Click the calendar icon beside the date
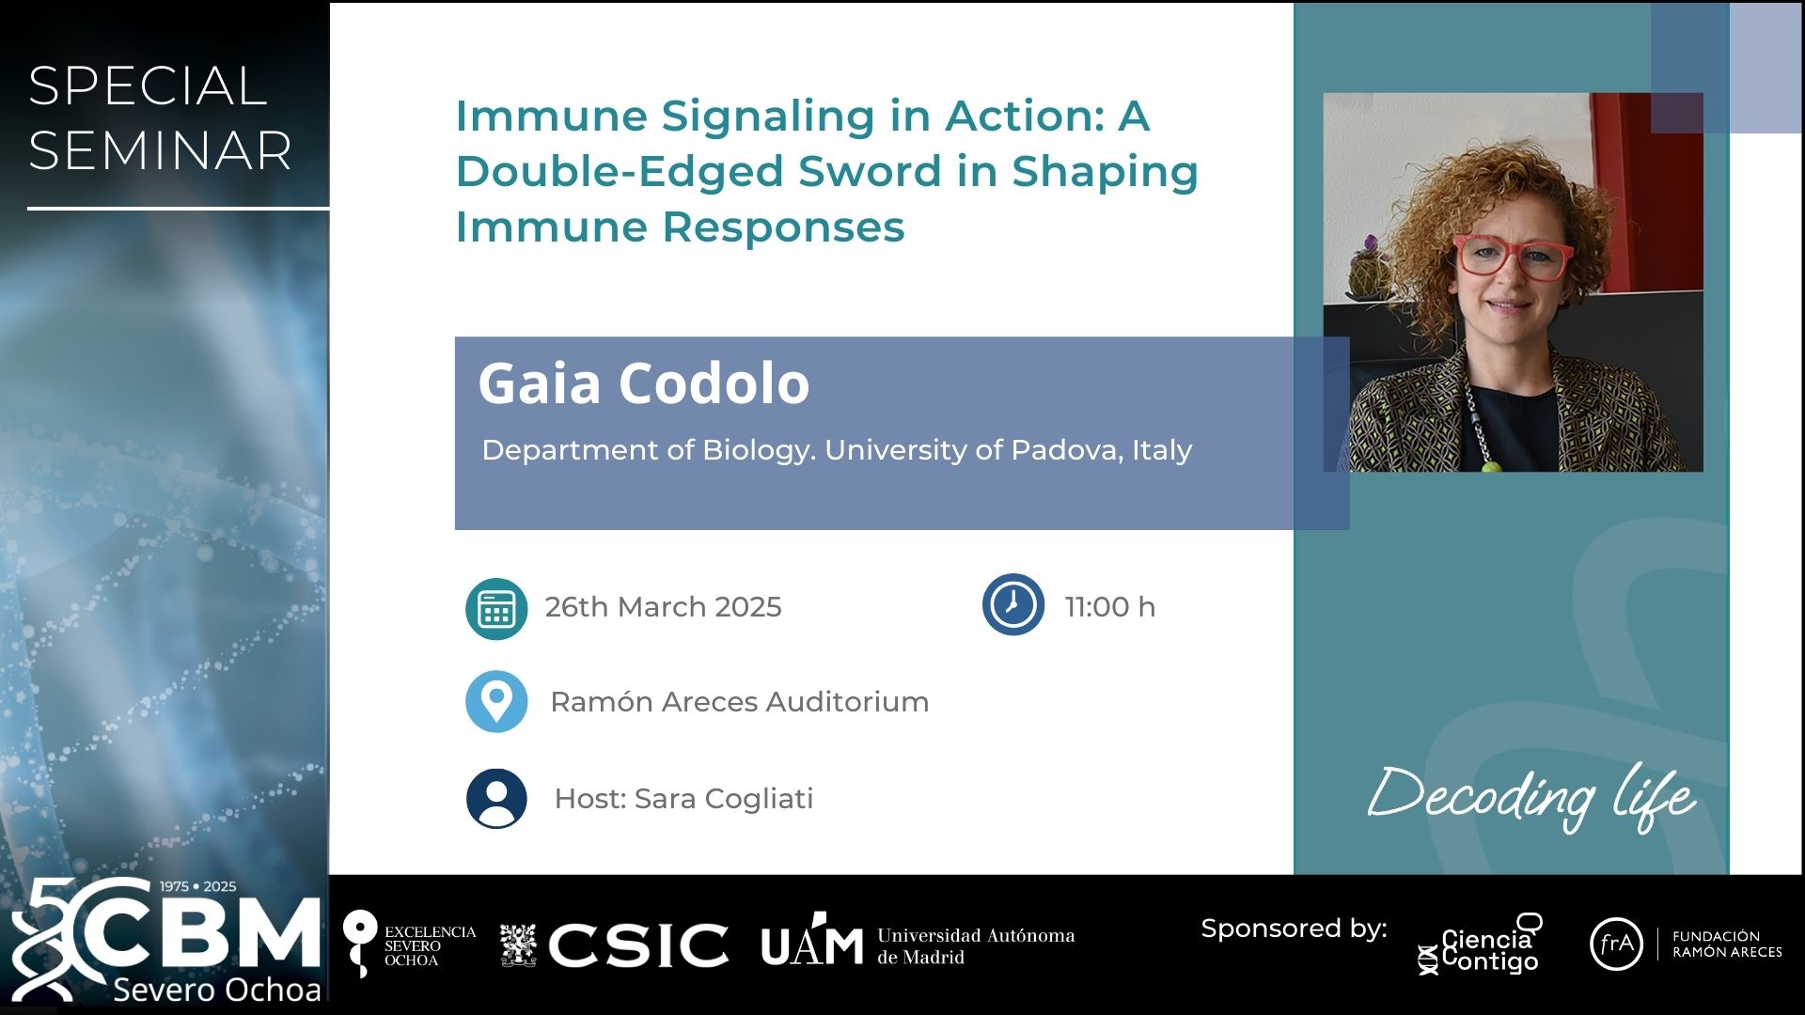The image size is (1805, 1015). [x=496, y=609]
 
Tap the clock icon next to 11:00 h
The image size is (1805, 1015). [x=1013, y=604]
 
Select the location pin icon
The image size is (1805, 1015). [x=496, y=701]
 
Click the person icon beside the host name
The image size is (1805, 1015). [x=496, y=799]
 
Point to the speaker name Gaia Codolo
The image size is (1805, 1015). [x=644, y=383]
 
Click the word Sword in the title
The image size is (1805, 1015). [x=870, y=171]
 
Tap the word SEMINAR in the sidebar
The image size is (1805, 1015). [x=160, y=150]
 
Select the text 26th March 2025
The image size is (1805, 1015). [x=664, y=607]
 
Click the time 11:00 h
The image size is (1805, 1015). [x=1110, y=607]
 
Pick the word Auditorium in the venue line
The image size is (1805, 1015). [x=847, y=702]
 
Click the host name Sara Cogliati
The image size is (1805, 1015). [x=724, y=799]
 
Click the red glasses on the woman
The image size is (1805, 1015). [x=1513, y=257]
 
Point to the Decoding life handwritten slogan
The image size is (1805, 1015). [x=1532, y=797]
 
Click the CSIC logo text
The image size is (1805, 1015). [x=638, y=945]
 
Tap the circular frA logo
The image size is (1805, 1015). [x=1616, y=944]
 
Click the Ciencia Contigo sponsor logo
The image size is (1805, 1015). [x=1481, y=944]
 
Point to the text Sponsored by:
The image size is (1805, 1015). [x=1294, y=929]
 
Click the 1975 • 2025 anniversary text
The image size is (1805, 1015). [x=197, y=886]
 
